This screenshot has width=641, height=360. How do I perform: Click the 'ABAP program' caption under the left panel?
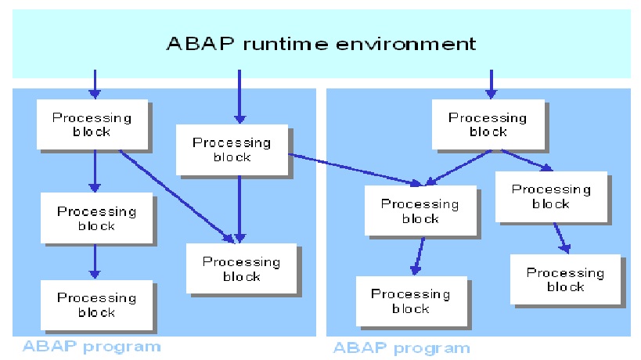tap(92, 346)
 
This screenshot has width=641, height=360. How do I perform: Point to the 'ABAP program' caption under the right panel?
tap(402, 347)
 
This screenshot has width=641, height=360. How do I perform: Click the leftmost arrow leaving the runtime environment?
tap(95, 84)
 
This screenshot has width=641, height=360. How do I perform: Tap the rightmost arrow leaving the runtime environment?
tap(491, 84)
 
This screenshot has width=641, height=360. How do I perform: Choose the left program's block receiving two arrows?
tap(242, 268)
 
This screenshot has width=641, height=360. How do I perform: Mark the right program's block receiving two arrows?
tap(420, 211)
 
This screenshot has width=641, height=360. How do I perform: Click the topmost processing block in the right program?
tap(488, 124)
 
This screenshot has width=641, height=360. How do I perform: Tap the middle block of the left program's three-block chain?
tap(96, 218)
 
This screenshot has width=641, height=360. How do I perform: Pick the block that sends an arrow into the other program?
tap(232, 149)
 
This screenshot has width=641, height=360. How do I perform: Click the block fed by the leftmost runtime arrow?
tap(92, 124)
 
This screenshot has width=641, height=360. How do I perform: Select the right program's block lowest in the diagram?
tap(411, 301)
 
